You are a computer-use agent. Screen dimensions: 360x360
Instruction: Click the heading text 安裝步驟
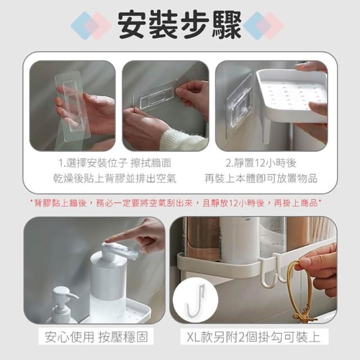[179, 25]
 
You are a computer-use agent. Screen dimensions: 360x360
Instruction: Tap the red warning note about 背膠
[176, 203]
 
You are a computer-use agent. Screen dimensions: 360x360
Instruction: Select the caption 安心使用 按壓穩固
[96, 337]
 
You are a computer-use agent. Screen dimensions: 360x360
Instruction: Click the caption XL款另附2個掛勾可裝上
[254, 337]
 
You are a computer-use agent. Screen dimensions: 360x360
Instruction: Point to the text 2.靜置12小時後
[261, 163]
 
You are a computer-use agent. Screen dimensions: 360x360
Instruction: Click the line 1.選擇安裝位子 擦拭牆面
[115, 163]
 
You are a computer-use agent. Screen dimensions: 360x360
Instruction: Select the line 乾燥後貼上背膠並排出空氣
[115, 178]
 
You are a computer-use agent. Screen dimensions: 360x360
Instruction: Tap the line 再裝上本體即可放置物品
[261, 178]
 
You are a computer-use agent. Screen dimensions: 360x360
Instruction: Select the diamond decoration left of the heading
[91, 26]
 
